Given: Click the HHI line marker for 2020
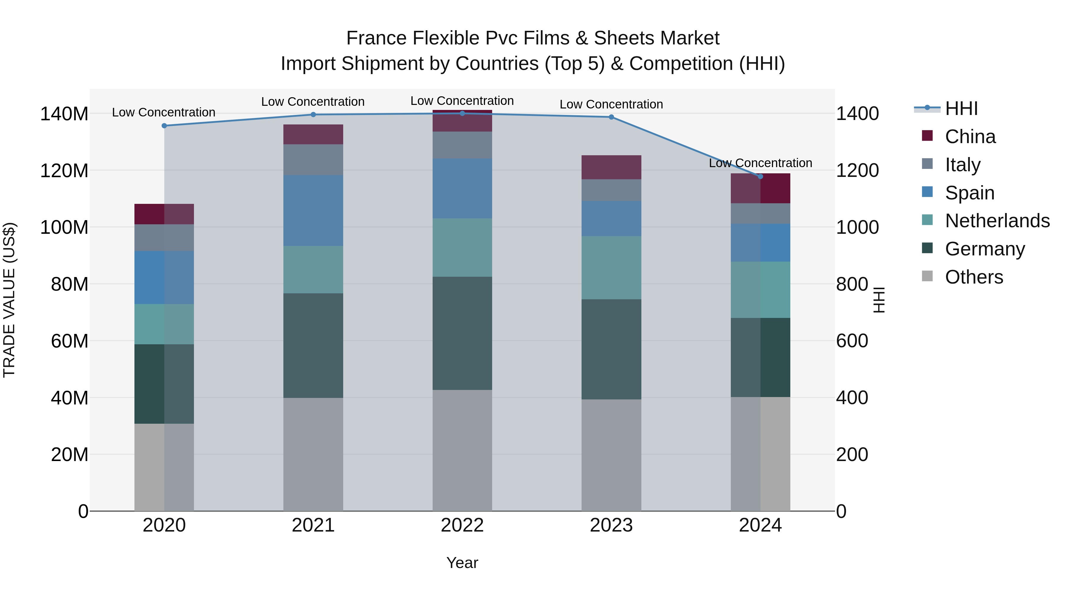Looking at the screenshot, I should [164, 126].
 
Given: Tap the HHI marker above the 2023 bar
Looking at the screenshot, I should [611, 117].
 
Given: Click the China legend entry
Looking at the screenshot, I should [970, 137].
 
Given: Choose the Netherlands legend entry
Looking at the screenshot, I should [997, 221].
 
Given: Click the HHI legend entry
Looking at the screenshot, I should [961, 108].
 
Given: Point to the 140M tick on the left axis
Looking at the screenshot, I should [64, 114].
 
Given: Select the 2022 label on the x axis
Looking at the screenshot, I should [462, 525].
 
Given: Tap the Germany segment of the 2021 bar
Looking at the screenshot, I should [313, 346].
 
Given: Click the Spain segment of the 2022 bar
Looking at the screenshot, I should [462, 188].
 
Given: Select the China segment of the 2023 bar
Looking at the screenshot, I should [611, 167].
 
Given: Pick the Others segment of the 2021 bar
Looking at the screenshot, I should [313, 454].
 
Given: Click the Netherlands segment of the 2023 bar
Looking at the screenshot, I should [611, 268].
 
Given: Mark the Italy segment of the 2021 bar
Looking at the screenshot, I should [313, 160].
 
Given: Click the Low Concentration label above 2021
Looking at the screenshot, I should [313, 102].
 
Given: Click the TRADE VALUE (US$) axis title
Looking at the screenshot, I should [9, 300].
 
